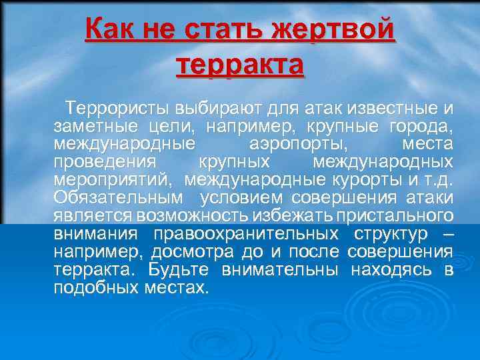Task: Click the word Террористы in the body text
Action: coord(117,107)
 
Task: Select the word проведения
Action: coord(105,162)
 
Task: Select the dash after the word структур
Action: coord(447,234)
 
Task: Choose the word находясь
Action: coord(400,270)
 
